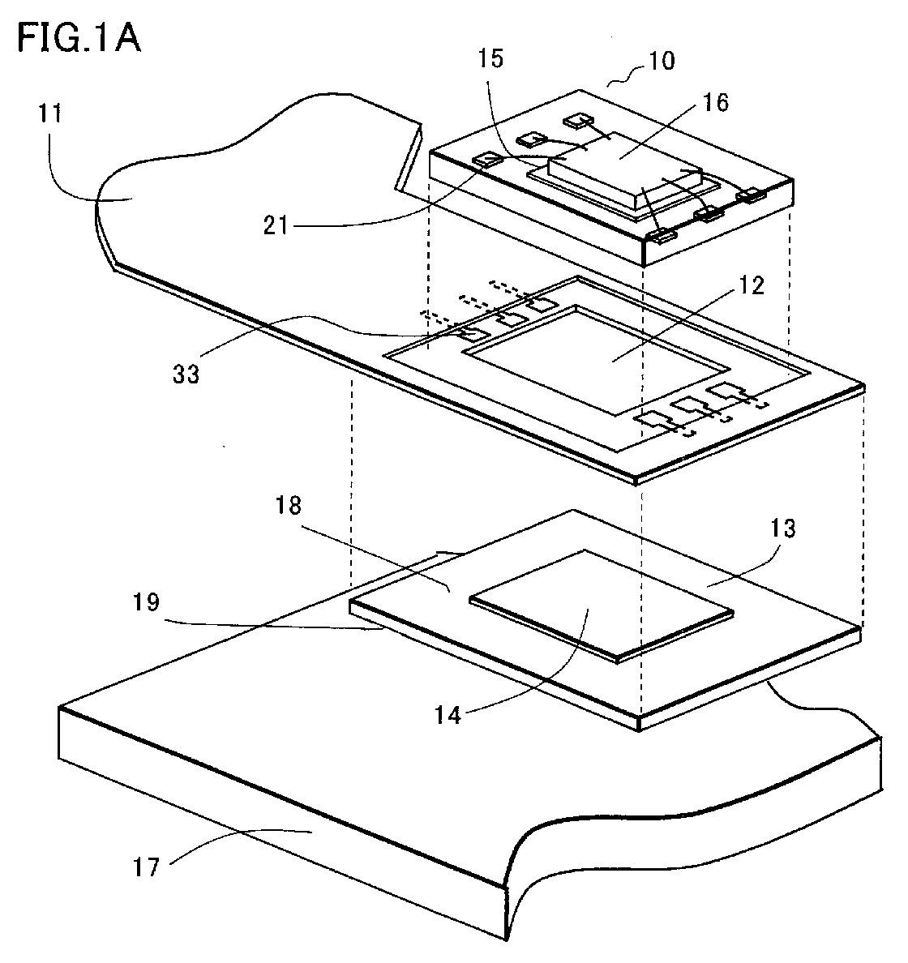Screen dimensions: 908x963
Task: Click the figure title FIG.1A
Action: click(79, 37)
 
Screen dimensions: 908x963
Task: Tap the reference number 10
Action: click(662, 61)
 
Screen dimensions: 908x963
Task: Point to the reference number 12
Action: click(750, 285)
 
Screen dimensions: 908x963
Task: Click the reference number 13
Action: click(782, 529)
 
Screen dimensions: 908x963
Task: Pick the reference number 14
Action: click(448, 715)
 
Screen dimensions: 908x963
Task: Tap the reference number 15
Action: click(490, 58)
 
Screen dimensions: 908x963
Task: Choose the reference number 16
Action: click(716, 103)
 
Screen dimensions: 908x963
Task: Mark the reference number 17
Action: click(146, 867)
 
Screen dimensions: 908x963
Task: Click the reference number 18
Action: click(288, 505)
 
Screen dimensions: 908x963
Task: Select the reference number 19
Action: click(146, 602)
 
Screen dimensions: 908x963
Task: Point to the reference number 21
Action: click(276, 225)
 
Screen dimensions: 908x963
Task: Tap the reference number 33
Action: click(186, 374)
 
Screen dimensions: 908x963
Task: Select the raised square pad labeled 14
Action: click(602, 605)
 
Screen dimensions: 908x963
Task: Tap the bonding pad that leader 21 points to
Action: click(486, 160)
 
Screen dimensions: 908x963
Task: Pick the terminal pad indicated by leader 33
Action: click(473, 333)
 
